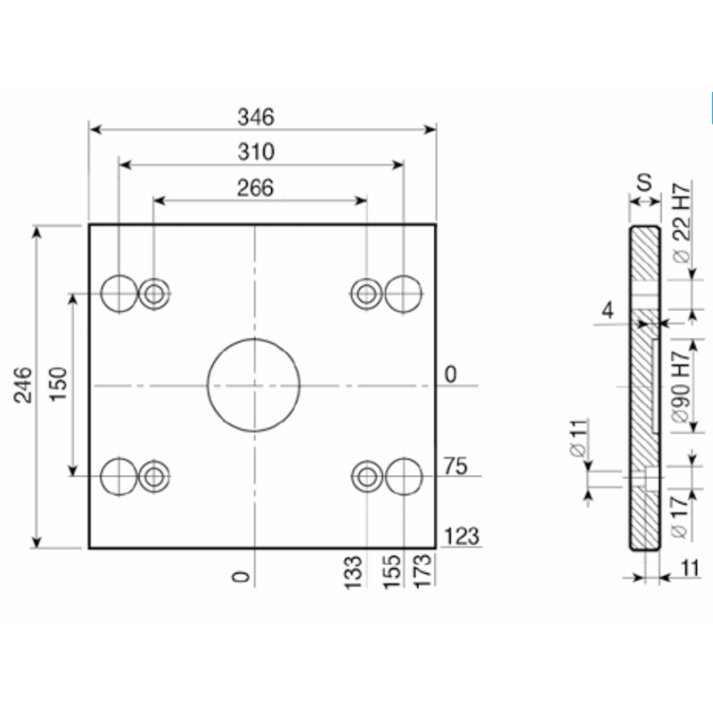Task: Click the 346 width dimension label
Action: (x=256, y=118)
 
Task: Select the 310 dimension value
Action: (x=256, y=152)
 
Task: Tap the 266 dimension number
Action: (x=256, y=188)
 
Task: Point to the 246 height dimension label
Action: (x=23, y=386)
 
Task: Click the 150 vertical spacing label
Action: (x=58, y=384)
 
